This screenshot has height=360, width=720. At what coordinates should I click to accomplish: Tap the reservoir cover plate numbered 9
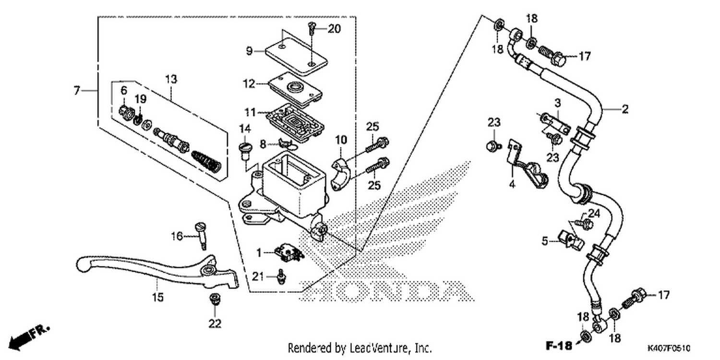click(296, 57)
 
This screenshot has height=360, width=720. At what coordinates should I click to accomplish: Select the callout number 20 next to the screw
click(334, 29)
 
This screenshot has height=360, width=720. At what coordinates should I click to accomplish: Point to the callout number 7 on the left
click(76, 91)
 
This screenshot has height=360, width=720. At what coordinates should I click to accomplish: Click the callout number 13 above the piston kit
click(171, 79)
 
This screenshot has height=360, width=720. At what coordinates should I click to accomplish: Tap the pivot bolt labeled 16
click(201, 236)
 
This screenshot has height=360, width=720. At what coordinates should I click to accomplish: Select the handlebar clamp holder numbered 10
click(341, 174)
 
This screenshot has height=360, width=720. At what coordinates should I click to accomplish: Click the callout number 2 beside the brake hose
click(625, 109)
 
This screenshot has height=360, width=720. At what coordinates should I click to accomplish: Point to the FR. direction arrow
click(28, 337)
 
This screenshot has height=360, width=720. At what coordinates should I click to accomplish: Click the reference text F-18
click(559, 346)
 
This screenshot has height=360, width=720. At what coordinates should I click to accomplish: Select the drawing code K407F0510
click(669, 348)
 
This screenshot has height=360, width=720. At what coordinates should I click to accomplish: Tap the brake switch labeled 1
click(288, 251)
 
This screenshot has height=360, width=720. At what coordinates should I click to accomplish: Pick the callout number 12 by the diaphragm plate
click(249, 84)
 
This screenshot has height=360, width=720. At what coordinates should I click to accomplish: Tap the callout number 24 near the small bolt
click(594, 214)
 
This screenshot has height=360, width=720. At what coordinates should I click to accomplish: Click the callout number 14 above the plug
click(245, 129)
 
